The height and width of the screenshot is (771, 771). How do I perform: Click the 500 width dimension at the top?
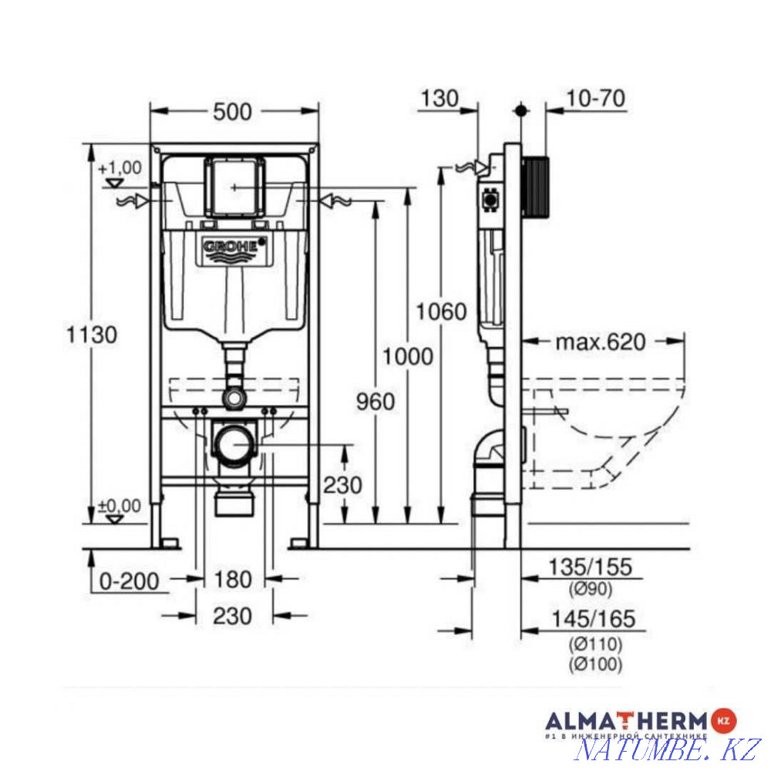tap(232, 112)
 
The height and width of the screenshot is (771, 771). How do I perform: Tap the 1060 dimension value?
tap(442, 311)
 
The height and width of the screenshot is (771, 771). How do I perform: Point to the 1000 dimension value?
tap(407, 356)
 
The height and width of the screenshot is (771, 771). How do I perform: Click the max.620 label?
tap(601, 342)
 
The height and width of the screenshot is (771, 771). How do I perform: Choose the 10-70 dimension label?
tap(594, 98)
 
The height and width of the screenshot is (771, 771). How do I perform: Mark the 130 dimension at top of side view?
tap(439, 98)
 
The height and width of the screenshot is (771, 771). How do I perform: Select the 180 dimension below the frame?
tap(234, 579)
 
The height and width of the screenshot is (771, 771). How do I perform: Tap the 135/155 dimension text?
tap(591, 567)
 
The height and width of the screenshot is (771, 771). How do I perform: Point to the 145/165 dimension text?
tap(591, 618)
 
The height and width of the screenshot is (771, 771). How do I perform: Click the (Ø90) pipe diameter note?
tap(591, 591)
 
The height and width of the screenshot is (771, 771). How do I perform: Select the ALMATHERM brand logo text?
tap(626, 722)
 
